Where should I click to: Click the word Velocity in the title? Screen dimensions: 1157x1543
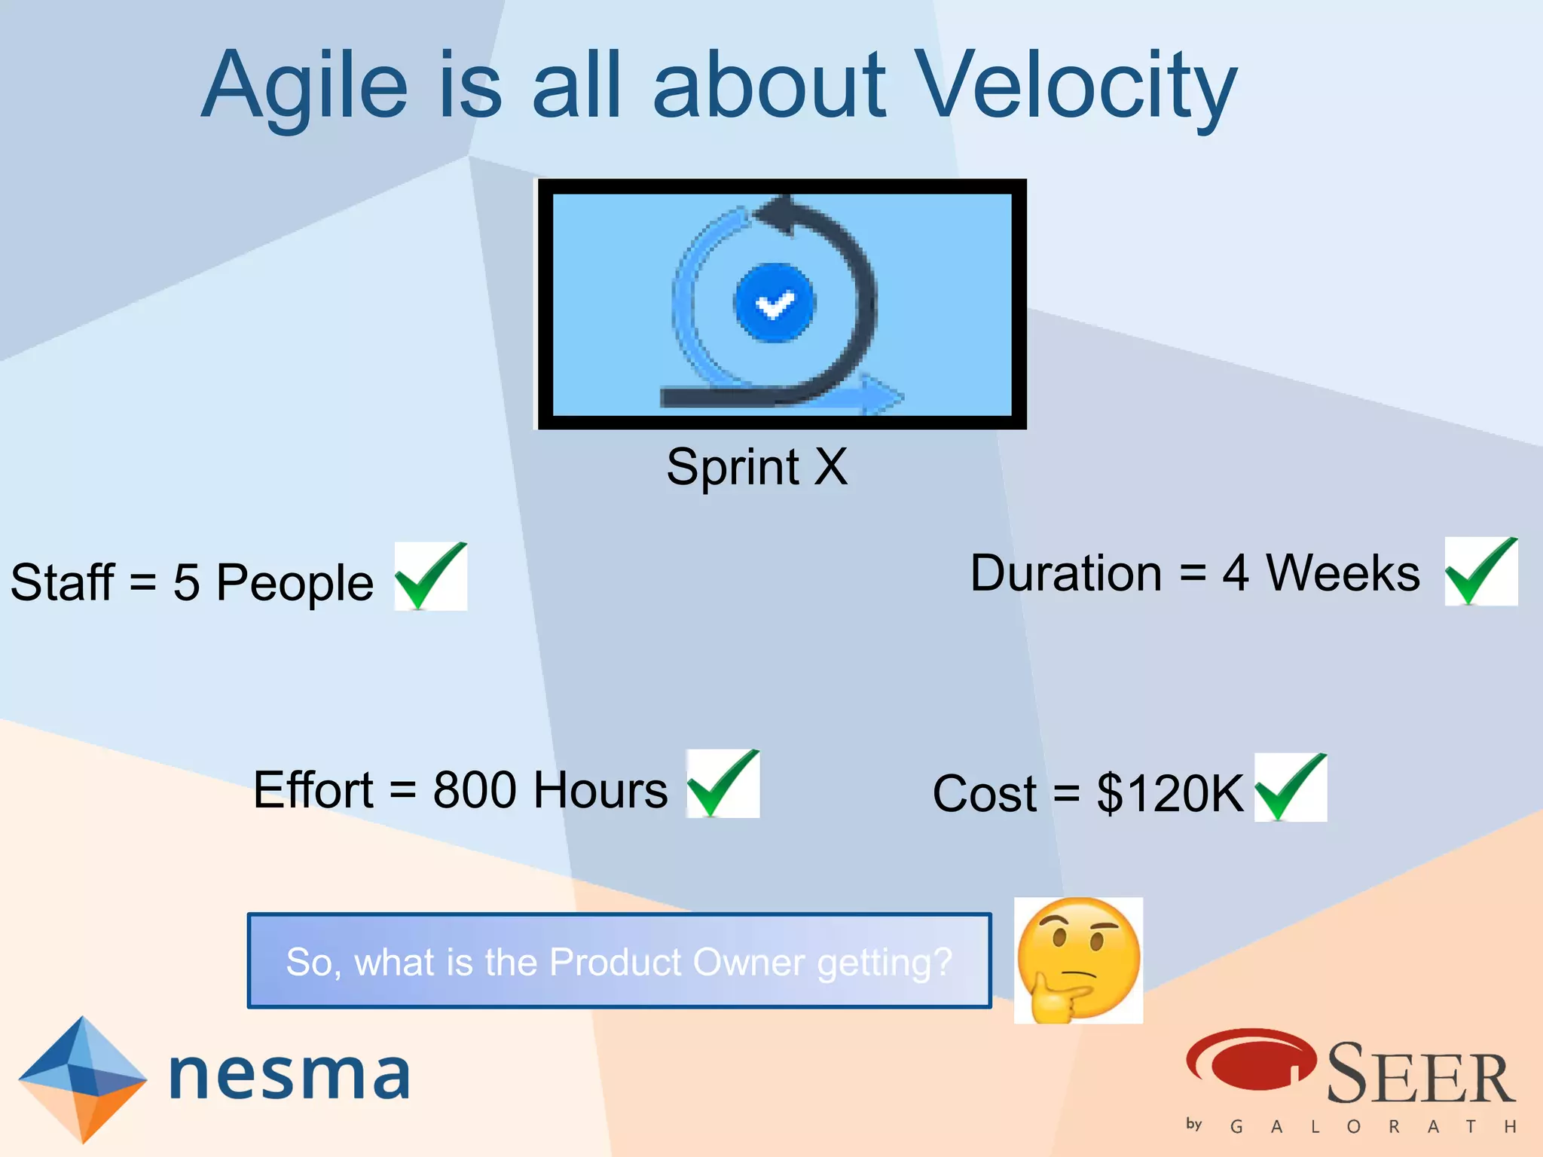[x=1076, y=84]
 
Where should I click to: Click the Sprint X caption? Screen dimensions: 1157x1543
[x=756, y=467]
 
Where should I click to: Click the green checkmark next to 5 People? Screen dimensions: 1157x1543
[x=431, y=576]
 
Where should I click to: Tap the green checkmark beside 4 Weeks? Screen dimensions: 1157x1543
[x=1480, y=571]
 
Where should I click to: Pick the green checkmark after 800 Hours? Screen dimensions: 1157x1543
[x=723, y=783]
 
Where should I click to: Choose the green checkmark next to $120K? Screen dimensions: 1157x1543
[x=1291, y=787]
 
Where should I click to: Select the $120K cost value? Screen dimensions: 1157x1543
[x=1169, y=793]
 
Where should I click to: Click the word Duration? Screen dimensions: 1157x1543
[x=1065, y=573]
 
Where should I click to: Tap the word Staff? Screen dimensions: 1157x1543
[x=62, y=582]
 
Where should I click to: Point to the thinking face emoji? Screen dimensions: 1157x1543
[x=1078, y=960]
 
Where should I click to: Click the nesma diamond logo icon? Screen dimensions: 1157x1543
[x=82, y=1079]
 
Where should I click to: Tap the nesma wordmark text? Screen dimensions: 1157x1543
[x=290, y=1075]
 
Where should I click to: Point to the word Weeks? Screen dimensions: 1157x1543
[x=1343, y=573]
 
